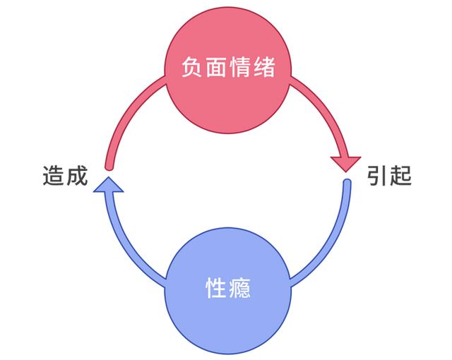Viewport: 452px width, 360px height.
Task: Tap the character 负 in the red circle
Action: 191,69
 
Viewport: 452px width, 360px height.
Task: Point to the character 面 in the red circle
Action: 215,69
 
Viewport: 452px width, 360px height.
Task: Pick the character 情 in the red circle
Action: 239,69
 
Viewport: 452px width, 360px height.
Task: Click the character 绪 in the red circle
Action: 263,69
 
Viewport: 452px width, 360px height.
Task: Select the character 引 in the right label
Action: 376,176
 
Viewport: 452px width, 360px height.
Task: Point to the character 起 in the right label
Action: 400,176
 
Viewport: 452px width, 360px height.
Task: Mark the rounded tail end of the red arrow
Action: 108,166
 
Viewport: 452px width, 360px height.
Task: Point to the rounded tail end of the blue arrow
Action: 347,184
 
